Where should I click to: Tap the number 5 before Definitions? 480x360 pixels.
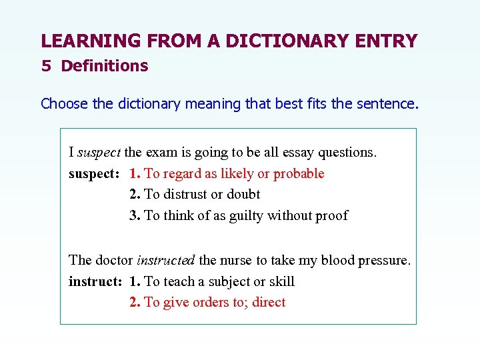(45, 66)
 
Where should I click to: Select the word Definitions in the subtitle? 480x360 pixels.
(104, 66)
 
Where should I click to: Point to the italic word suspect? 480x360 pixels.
(99, 152)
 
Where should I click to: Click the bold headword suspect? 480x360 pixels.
(94, 173)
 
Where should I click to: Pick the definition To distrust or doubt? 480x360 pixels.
(202, 194)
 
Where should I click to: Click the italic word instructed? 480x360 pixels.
(166, 260)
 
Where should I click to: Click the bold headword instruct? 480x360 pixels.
(95, 281)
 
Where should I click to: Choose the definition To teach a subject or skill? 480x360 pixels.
(219, 281)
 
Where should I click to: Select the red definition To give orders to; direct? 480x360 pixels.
(215, 302)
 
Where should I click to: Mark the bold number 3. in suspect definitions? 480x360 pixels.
(135, 215)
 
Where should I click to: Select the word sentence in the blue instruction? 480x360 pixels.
(389, 103)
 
